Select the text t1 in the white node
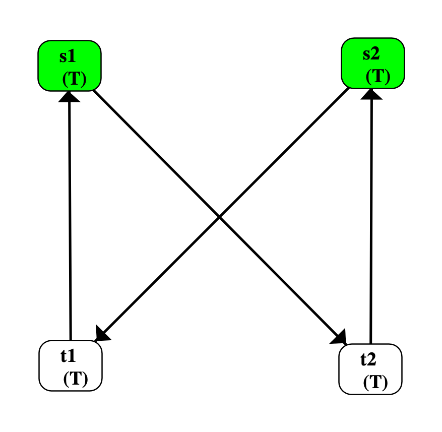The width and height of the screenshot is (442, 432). tap(69, 356)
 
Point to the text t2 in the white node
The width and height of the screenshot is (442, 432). tap(368, 359)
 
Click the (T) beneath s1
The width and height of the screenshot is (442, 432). tap(75, 79)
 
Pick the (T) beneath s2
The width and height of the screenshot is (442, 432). tap(377, 76)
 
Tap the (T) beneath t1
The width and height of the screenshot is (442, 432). tap(76, 379)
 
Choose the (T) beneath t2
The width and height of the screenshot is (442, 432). tap(375, 383)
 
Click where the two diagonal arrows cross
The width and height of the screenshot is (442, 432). tap(220, 217)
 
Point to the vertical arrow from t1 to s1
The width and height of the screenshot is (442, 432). tap(70, 217)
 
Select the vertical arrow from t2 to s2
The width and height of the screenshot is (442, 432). tap(371, 217)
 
